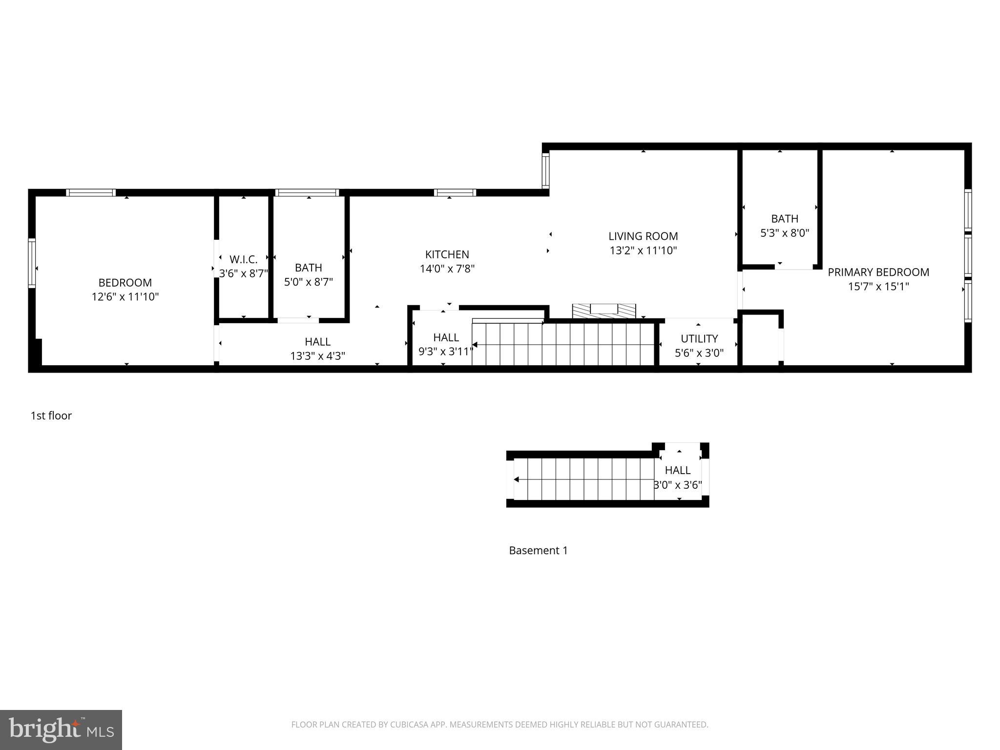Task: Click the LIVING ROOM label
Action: pyautogui.click(x=643, y=236)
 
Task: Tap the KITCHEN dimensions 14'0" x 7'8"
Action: pyautogui.click(x=447, y=269)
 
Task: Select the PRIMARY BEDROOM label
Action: pyautogui.click(x=878, y=272)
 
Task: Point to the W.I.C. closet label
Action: pyautogui.click(x=243, y=259)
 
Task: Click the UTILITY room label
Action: pyautogui.click(x=699, y=338)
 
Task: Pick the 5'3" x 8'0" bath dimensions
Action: pyautogui.click(x=785, y=233)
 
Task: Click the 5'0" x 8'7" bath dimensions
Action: pyautogui.click(x=308, y=282)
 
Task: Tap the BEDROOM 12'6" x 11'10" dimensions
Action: pyautogui.click(x=125, y=296)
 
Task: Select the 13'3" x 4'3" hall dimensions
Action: pyautogui.click(x=317, y=356)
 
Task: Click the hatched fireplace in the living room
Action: pyautogui.click(x=604, y=310)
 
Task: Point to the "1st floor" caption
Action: pyautogui.click(x=51, y=416)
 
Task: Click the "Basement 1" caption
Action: pyautogui.click(x=538, y=550)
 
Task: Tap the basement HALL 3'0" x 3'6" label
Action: pyautogui.click(x=677, y=470)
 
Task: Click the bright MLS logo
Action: pyautogui.click(x=61, y=729)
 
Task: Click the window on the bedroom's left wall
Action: pyautogui.click(x=32, y=263)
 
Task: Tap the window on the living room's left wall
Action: pyautogui.click(x=546, y=170)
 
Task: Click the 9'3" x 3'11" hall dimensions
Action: pyautogui.click(x=445, y=351)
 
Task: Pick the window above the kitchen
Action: pyautogui.click(x=455, y=193)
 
